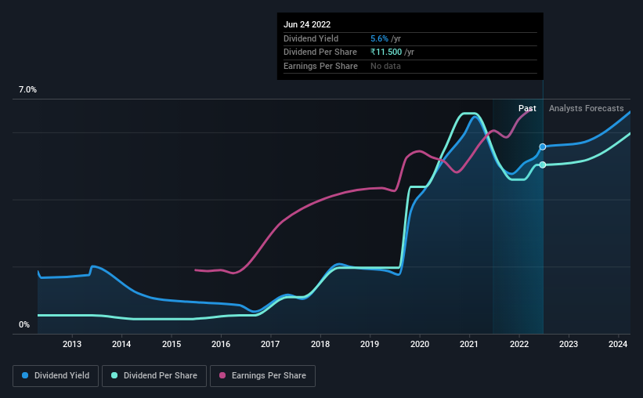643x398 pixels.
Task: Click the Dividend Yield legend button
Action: (56, 376)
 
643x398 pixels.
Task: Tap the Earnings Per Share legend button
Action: (262, 376)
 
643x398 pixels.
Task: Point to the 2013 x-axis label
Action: (72, 344)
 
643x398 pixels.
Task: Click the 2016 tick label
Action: (221, 344)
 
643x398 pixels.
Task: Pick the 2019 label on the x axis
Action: (370, 344)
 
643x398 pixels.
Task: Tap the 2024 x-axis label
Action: (618, 344)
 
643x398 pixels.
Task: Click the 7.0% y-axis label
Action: (27, 90)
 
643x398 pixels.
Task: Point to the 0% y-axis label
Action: (24, 324)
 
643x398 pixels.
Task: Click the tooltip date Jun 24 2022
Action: (308, 24)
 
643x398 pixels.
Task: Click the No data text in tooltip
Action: (386, 67)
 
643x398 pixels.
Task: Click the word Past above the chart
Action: (527, 108)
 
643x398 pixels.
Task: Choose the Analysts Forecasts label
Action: (587, 108)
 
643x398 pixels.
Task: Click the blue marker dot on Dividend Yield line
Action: (542, 147)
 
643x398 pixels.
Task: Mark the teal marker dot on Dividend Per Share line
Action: (542, 165)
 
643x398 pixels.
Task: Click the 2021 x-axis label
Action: (469, 344)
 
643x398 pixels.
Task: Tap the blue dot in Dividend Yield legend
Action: (25, 376)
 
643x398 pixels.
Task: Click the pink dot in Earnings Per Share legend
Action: (222, 376)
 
